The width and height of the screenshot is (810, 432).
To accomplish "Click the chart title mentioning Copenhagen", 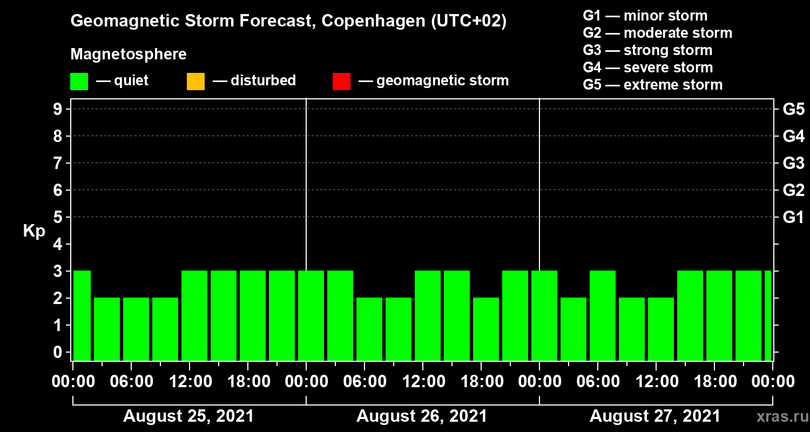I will click(x=288, y=22).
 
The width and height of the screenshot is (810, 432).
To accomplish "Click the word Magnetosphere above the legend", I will click(x=129, y=55).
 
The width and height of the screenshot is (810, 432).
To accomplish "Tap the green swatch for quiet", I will click(x=79, y=82).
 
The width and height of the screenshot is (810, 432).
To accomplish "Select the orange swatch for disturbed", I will click(x=195, y=82).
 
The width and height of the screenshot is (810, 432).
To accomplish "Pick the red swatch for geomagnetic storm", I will click(x=341, y=82).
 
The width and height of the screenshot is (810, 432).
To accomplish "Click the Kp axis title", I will click(x=34, y=231).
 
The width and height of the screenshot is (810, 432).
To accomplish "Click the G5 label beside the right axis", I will click(x=793, y=109).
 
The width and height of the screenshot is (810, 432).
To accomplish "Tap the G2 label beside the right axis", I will click(x=793, y=190).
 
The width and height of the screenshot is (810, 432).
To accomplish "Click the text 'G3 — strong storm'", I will click(x=647, y=50).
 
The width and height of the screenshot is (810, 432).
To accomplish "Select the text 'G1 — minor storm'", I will click(x=645, y=16).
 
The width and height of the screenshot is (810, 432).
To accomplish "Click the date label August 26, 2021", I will click(x=422, y=416).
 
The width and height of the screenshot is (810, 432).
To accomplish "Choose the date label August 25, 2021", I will click(x=188, y=416).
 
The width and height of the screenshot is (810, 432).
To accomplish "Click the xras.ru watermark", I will click(x=778, y=416).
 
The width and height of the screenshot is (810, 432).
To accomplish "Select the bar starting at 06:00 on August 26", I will click(x=369, y=329).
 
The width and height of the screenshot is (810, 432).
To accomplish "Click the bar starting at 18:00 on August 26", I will click(x=486, y=329).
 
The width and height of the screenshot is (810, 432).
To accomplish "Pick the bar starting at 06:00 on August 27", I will click(x=603, y=315).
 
